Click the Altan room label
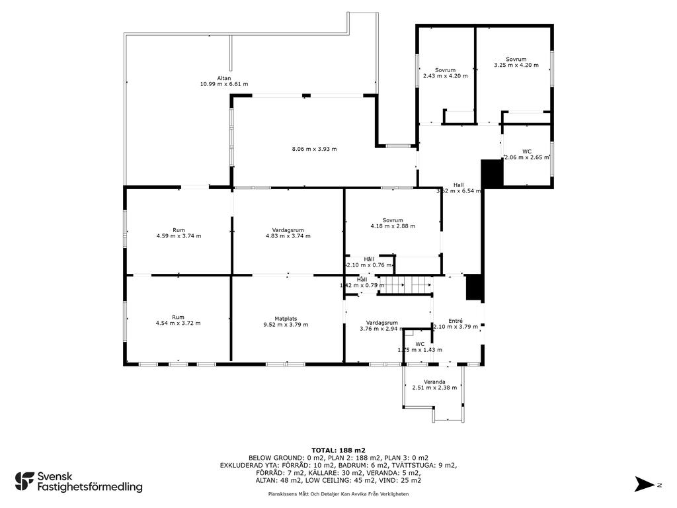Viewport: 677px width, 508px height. pyautogui.click(x=224, y=78)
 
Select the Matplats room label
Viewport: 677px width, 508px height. pyautogui.click(x=286, y=319)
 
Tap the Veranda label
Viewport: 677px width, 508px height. pyautogui.click(x=434, y=382)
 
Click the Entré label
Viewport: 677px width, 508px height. pyautogui.click(x=456, y=321)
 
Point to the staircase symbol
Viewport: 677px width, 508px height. pyautogui.click(x=405, y=285)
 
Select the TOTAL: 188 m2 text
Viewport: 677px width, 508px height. pyautogui.click(x=338, y=450)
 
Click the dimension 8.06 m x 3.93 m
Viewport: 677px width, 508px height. pyautogui.click(x=314, y=149)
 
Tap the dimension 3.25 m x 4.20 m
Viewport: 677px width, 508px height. pyautogui.click(x=516, y=65)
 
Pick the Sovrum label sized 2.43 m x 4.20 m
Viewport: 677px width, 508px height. pyautogui.click(x=445, y=70)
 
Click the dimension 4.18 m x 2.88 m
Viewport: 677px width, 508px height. pyautogui.click(x=393, y=226)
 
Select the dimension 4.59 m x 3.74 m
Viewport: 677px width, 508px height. pyautogui.click(x=179, y=236)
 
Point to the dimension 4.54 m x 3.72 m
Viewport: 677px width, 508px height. pyautogui.click(x=178, y=323)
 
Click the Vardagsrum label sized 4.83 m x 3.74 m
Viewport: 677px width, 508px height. pyautogui.click(x=288, y=230)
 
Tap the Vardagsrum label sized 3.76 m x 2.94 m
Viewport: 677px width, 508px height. pyautogui.click(x=382, y=323)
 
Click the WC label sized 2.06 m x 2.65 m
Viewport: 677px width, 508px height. pyautogui.click(x=527, y=151)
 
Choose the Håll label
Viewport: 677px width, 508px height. pyautogui.click(x=369, y=259)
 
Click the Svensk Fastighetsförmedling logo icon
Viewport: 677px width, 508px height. pyautogui.click(x=24, y=482)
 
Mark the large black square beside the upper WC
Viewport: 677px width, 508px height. pyautogui.click(x=492, y=174)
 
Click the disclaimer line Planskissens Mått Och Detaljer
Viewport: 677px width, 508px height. pyautogui.click(x=338, y=493)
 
